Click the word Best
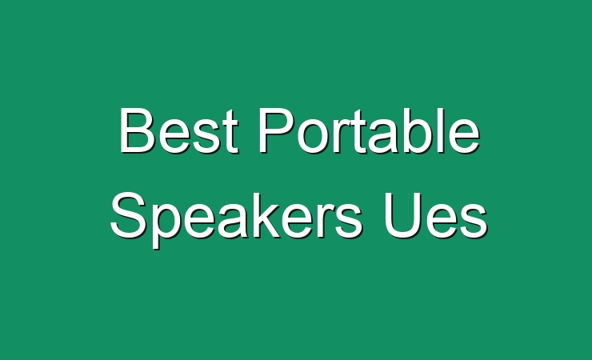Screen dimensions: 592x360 point(179,130)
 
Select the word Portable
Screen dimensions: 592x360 point(370,130)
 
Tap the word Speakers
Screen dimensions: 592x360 point(236,220)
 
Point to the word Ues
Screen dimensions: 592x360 point(436,215)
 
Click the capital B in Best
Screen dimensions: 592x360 point(138,130)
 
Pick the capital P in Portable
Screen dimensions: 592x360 point(277,130)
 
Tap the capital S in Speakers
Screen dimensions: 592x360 point(129,215)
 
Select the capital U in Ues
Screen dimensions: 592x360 point(402,215)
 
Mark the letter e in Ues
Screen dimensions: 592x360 point(440,222)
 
